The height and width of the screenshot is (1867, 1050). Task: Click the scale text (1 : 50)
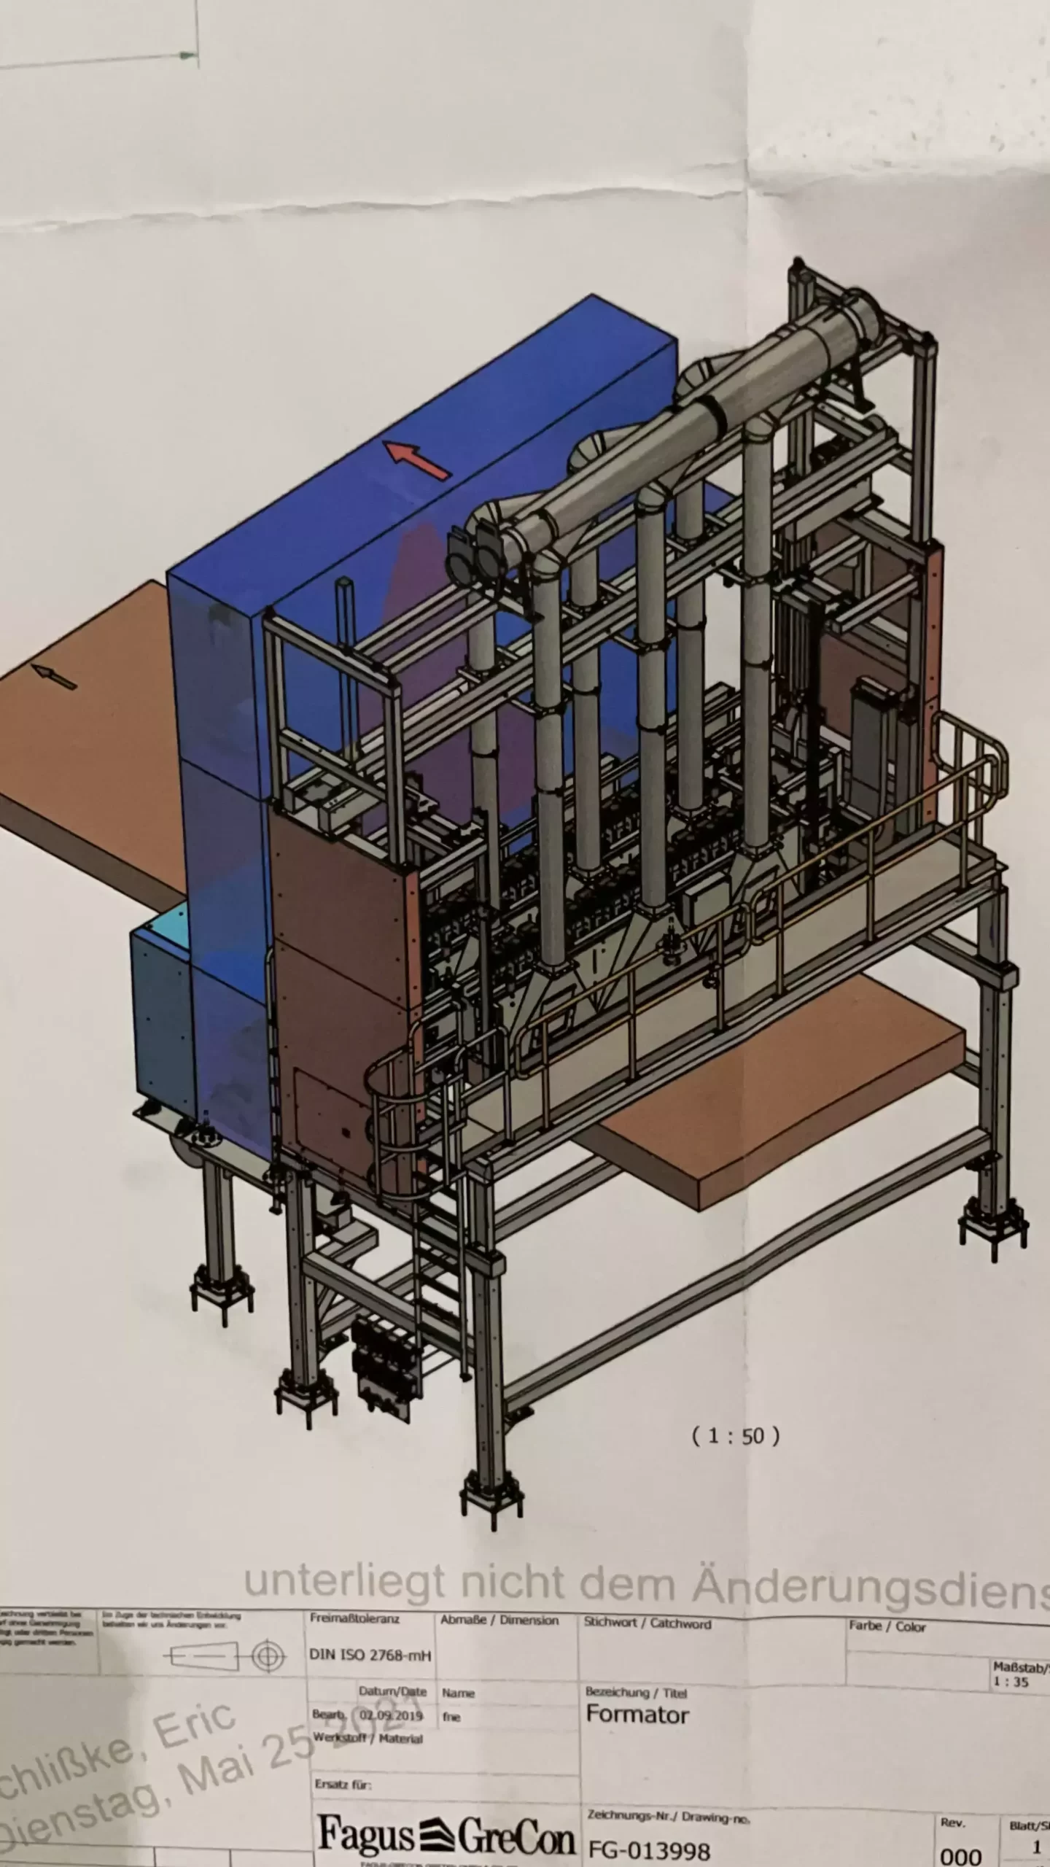[735, 1437]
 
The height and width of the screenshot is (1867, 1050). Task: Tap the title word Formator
[637, 1715]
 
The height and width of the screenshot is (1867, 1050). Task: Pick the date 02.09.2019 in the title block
[390, 1715]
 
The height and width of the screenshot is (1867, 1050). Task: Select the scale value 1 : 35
[1010, 1677]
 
